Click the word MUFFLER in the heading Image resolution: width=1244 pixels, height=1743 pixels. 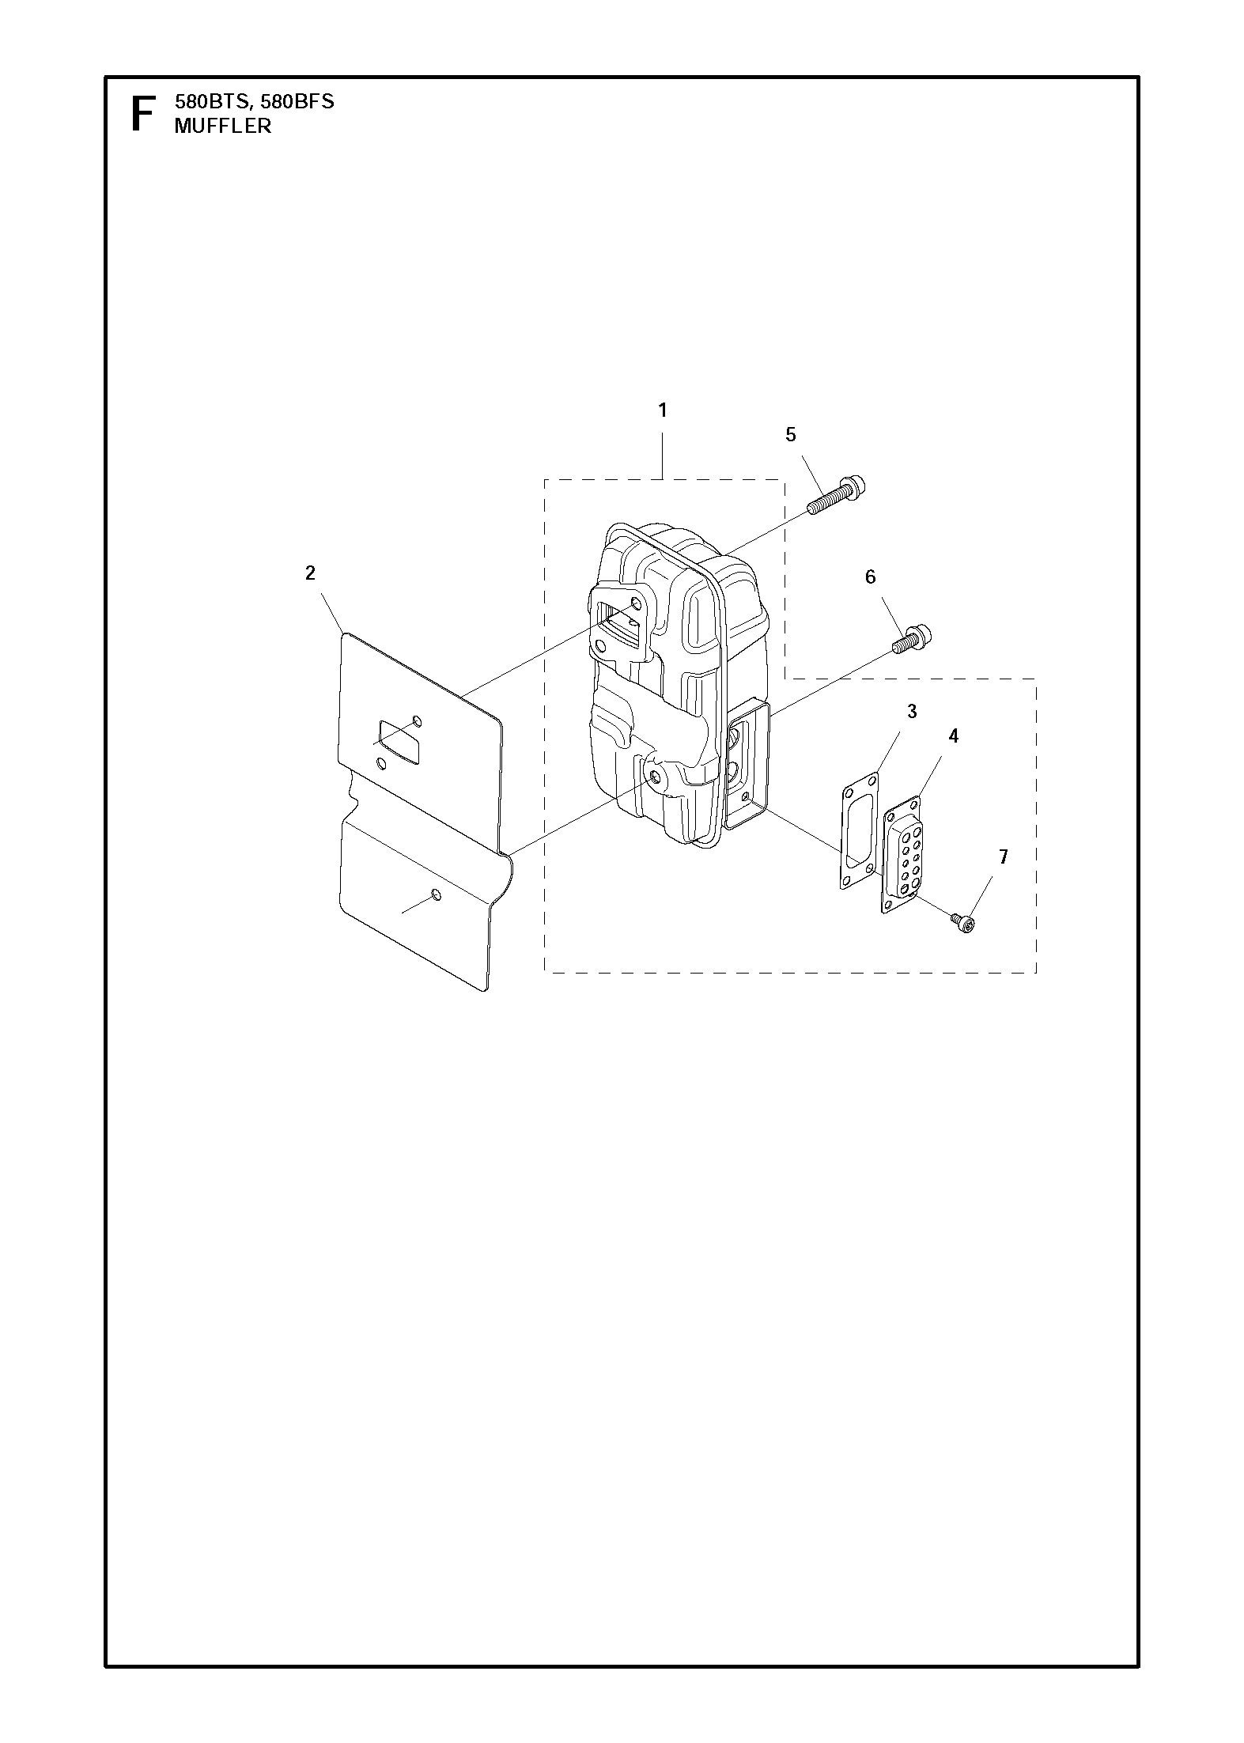pos(223,126)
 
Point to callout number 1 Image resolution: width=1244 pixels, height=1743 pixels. pos(663,410)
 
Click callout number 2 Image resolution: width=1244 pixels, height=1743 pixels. pos(310,573)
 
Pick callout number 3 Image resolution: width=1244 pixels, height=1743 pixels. pos(912,712)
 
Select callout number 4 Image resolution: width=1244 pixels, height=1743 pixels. pos(954,736)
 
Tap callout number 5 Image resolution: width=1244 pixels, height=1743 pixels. pos(791,434)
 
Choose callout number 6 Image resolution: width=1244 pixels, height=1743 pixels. pos(871,577)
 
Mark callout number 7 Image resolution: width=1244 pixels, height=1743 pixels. pos(1004,856)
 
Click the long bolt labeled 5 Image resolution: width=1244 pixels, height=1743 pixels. pos(836,495)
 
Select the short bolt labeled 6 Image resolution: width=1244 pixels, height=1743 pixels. pos(913,639)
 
